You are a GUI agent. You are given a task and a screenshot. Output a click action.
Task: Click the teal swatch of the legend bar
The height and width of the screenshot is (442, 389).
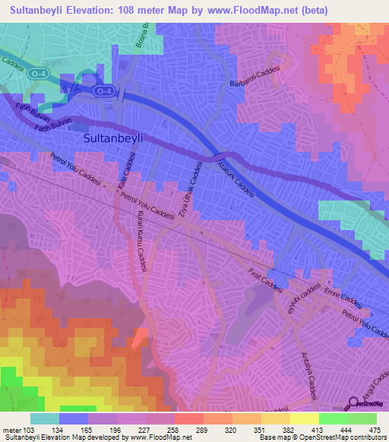coord(45,418)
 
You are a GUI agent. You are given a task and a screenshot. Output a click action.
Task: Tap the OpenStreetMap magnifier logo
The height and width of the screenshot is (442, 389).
coord(353,403)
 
